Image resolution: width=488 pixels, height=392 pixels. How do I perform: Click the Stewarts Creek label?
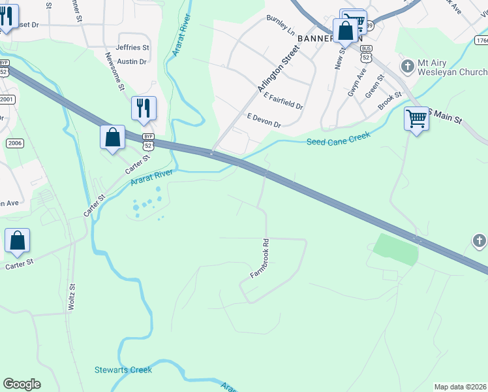(123, 370)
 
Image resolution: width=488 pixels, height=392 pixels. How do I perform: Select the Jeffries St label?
(132, 48)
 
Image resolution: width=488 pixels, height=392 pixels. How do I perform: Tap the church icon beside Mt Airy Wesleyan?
(408, 66)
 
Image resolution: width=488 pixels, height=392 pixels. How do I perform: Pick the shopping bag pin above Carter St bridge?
(113, 138)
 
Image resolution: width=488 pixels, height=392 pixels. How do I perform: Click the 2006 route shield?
(14, 143)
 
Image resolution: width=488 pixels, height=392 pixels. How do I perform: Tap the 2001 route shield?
(7, 99)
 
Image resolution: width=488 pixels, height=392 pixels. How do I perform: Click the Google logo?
(22, 384)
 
